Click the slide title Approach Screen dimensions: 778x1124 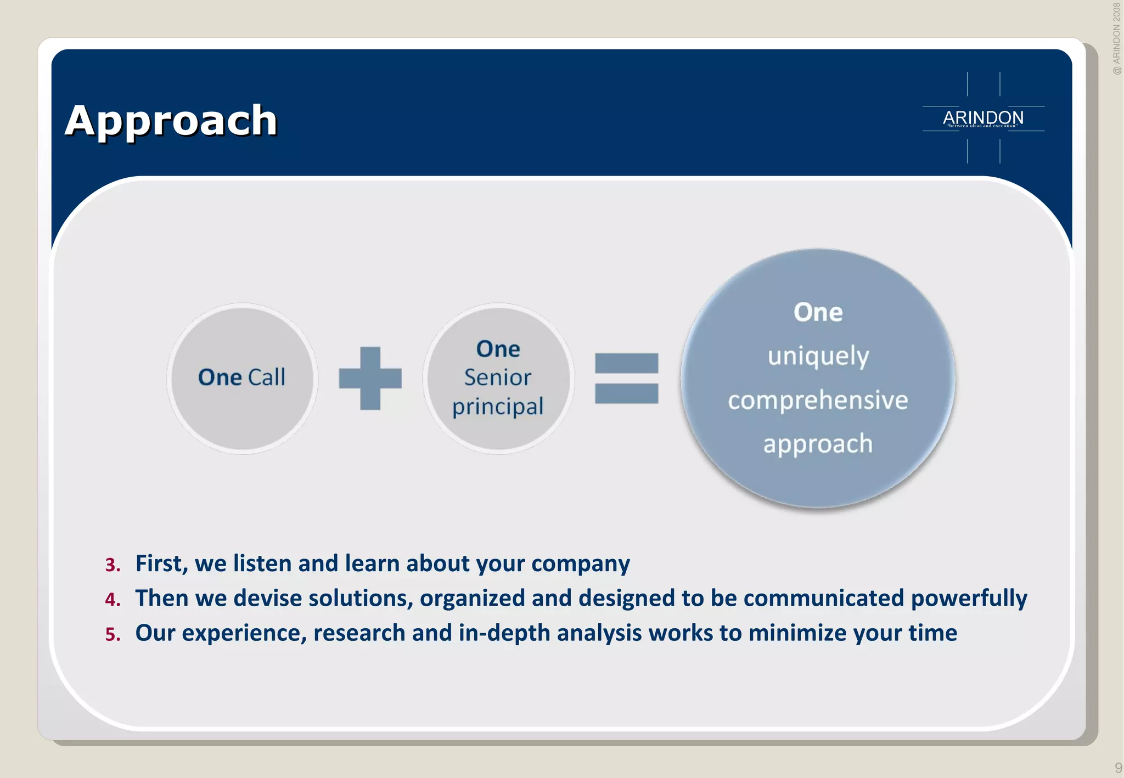pos(171,120)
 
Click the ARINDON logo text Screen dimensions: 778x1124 pos(983,117)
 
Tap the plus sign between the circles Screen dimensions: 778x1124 pos(370,379)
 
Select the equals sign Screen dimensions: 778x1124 pos(626,379)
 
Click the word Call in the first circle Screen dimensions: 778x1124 pos(267,377)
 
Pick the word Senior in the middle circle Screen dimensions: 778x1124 pos(498,377)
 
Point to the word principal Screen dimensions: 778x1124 pos(498,407)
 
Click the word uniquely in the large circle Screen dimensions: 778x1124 pos(818,356)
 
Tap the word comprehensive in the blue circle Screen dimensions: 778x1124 pos(818,400)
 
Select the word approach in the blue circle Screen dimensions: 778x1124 pos(818,443)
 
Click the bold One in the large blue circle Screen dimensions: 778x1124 pos(818,312)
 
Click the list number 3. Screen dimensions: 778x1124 pos(113,565)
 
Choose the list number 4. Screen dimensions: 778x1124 pos(113,599)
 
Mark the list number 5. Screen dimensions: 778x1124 pos(113,634)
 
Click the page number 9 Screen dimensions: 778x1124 pos(1118,768)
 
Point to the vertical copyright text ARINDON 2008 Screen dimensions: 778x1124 pos(1116,38)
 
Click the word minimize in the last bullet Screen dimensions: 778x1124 pos(797,633)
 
